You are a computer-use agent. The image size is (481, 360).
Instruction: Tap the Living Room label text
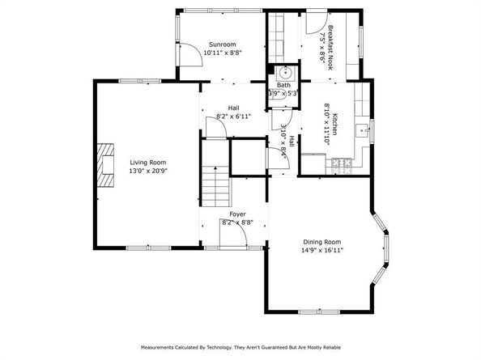146,162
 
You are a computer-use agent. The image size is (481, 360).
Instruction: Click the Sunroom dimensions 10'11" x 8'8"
223,53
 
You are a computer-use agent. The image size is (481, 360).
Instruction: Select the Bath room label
283,84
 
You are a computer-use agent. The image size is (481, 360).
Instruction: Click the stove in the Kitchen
341,165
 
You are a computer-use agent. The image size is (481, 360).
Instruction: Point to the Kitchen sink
368,129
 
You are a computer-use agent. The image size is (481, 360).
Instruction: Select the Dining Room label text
321,242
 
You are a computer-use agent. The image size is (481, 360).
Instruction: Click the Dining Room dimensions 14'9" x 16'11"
321,251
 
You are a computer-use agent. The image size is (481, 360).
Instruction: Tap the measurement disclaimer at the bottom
240,347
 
